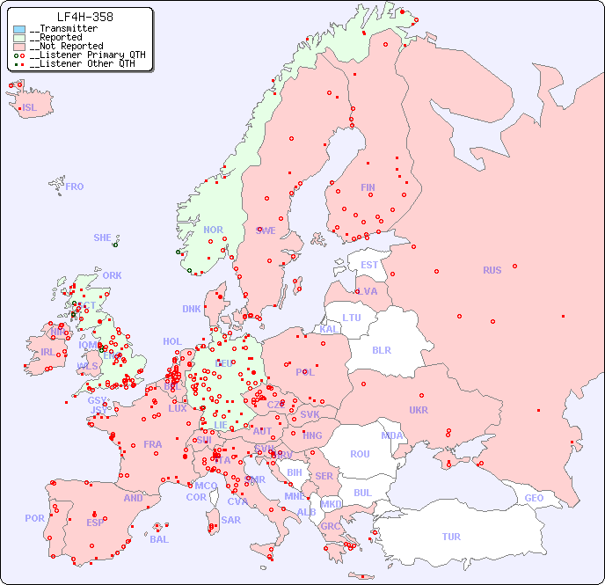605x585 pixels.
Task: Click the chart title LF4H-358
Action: point(84,17)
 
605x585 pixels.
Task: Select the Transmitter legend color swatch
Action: point(19,29)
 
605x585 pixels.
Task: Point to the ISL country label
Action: point(30,108)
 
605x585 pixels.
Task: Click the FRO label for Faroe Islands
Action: point(75,186)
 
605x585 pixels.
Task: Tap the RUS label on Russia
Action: point(492,270)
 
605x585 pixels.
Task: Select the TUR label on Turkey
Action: point(451,537)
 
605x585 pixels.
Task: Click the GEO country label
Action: point(534,498)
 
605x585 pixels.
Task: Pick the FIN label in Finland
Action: point(368,187)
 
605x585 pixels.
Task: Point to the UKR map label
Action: point(419,410)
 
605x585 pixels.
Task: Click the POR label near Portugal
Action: point(34,518)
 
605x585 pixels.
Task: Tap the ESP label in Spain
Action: point(95,522)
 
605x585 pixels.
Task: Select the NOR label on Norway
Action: point(213,230)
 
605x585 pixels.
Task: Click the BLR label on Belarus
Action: point(381,349)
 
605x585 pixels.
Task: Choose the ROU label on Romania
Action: point(360,454)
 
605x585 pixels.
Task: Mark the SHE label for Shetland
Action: point(103,238)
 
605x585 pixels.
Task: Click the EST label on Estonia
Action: point(369,265)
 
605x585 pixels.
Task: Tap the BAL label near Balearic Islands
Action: point(158,539)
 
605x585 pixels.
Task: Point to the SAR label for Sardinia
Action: point(230,520)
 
